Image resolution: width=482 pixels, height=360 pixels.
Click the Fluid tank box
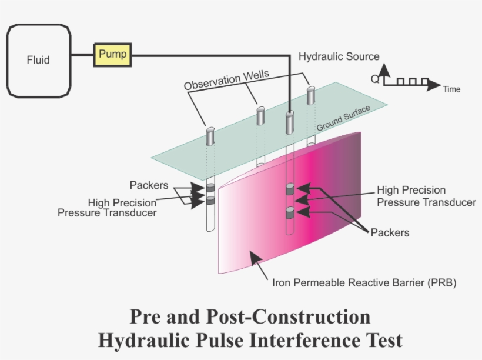click(x=38, y=59)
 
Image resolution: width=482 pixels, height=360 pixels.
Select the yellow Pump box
click(x=112, y=55)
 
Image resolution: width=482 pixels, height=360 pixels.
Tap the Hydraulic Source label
click(x=339, y=57)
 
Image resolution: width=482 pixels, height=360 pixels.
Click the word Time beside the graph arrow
click(x=451, y=89)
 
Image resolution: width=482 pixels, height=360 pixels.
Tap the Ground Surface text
click(x=344, y=118)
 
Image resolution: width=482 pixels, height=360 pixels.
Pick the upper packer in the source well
click(x=290, y=189)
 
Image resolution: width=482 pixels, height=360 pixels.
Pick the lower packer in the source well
click(x=290, y=212)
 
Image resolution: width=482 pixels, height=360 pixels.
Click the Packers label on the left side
click(x=149, y=185)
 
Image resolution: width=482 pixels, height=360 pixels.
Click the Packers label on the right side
click(x=390, y=232)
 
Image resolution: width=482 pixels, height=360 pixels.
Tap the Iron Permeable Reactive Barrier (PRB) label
click(x=364, y=282)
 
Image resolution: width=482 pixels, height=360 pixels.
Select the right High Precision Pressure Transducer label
click(x=426, y=196)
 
